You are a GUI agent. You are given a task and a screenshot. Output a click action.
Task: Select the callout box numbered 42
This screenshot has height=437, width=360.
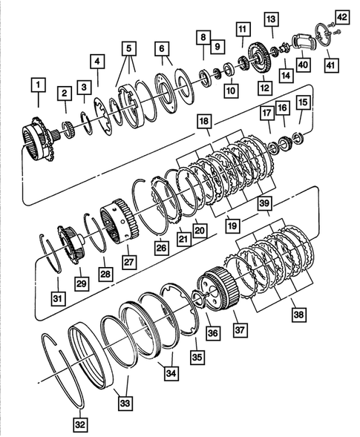pos(341,17)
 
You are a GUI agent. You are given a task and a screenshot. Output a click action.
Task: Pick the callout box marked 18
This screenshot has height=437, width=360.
pos(204,121)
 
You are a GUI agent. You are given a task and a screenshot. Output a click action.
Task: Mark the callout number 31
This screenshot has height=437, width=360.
pos(57,299)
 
